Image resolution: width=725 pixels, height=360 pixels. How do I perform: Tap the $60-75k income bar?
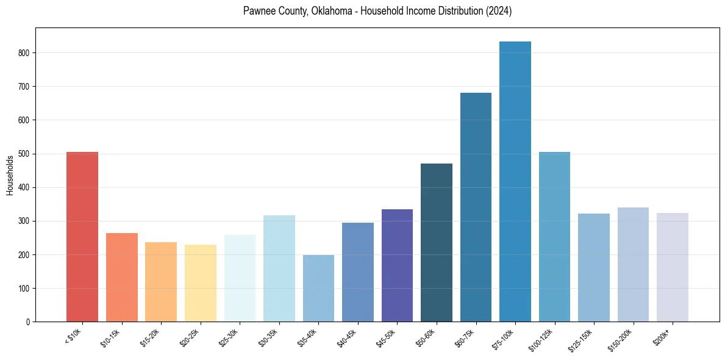tap(476, 207)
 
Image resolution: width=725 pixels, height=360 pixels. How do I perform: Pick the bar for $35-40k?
tap(318, 289)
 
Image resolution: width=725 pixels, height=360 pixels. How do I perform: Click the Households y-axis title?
tap(10, 175)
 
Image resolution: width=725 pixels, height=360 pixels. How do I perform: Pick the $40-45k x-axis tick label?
tap(348, 337)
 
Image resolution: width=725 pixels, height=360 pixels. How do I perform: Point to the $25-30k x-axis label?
tap(229, 337)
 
